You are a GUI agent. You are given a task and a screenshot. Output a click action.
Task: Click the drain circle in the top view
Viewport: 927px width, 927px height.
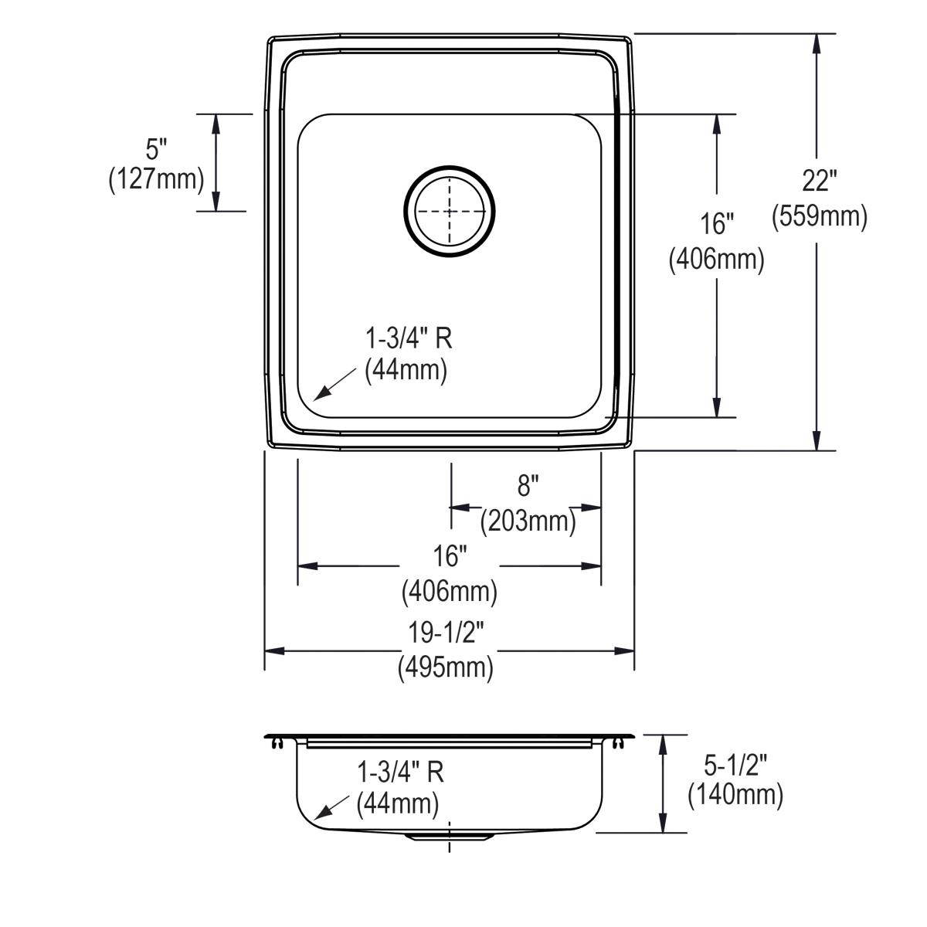(450, 166)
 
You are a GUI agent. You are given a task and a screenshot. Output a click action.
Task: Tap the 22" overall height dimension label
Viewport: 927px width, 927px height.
(820, 182)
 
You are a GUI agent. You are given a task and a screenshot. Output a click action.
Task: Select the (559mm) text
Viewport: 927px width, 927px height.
(820, 216)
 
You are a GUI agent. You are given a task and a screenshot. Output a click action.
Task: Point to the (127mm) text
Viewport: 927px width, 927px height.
(156, 180)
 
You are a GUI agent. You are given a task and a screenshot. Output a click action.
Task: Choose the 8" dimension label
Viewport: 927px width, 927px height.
(528, 485)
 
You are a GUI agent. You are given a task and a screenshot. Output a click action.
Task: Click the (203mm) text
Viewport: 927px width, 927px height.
(528, 521)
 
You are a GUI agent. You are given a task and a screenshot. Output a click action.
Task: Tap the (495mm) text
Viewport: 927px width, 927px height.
(446, 667)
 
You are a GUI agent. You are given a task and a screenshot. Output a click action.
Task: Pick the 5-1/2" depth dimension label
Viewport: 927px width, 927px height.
(735, 765)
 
